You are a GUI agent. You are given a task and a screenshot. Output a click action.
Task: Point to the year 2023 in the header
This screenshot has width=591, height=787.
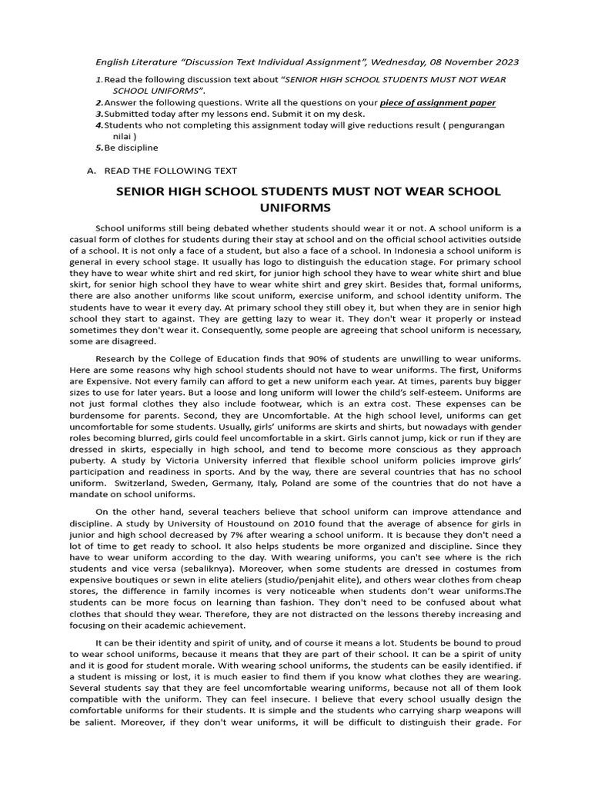pyautogui.click(x=504, y=61)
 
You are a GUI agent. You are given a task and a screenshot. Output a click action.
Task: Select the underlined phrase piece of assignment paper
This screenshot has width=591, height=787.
pyautogui.click(x=438, y=102)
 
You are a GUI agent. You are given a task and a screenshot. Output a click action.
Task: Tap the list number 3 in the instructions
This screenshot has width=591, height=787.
pyautogui.click(x=98, y=114)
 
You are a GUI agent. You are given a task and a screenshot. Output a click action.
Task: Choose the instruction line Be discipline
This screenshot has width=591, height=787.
pyautogui.click(x=132, y=147)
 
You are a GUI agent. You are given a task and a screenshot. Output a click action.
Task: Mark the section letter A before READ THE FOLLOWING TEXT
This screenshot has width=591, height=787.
pyautogui.click(x=90, y=171)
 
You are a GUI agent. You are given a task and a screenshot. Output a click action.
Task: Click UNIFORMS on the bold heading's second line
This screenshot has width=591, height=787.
pyautogui.click(x=296, y=208)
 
